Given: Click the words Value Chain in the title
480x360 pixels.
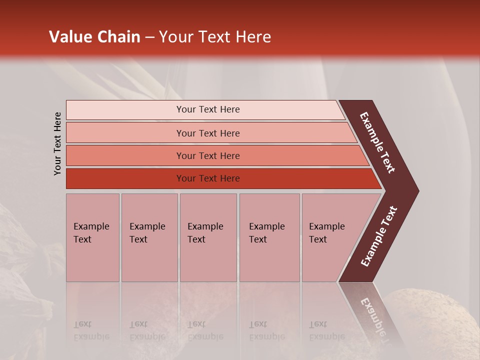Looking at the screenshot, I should tap(94, 37).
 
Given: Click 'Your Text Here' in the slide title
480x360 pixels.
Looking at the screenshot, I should tap(215, 37).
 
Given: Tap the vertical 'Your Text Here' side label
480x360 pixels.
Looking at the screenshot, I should tap(57, 143).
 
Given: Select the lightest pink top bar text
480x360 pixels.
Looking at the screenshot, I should tap(208, 109).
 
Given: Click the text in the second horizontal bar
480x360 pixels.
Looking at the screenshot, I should tap(208, 133).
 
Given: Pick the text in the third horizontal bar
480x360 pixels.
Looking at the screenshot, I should tap(208, 156).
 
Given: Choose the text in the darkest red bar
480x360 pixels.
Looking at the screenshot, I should tap(208, 178).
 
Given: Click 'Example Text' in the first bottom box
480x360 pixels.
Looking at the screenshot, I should tap(91, 233).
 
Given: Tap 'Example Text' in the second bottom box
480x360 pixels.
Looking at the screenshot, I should tap(147, 233).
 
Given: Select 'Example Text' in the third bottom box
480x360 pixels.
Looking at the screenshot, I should tap(205, 233).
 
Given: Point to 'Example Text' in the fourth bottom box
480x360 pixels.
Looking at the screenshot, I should tap(266, 233).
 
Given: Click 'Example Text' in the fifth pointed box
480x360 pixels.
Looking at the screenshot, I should tap(326, 233).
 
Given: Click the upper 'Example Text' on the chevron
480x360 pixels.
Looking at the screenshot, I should tap(377, 142).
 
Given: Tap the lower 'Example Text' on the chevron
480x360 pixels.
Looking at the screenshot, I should tap(379, 236).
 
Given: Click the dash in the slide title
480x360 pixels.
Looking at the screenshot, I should tap(149, 37).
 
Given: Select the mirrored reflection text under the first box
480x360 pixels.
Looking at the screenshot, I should tap(91, 330).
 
